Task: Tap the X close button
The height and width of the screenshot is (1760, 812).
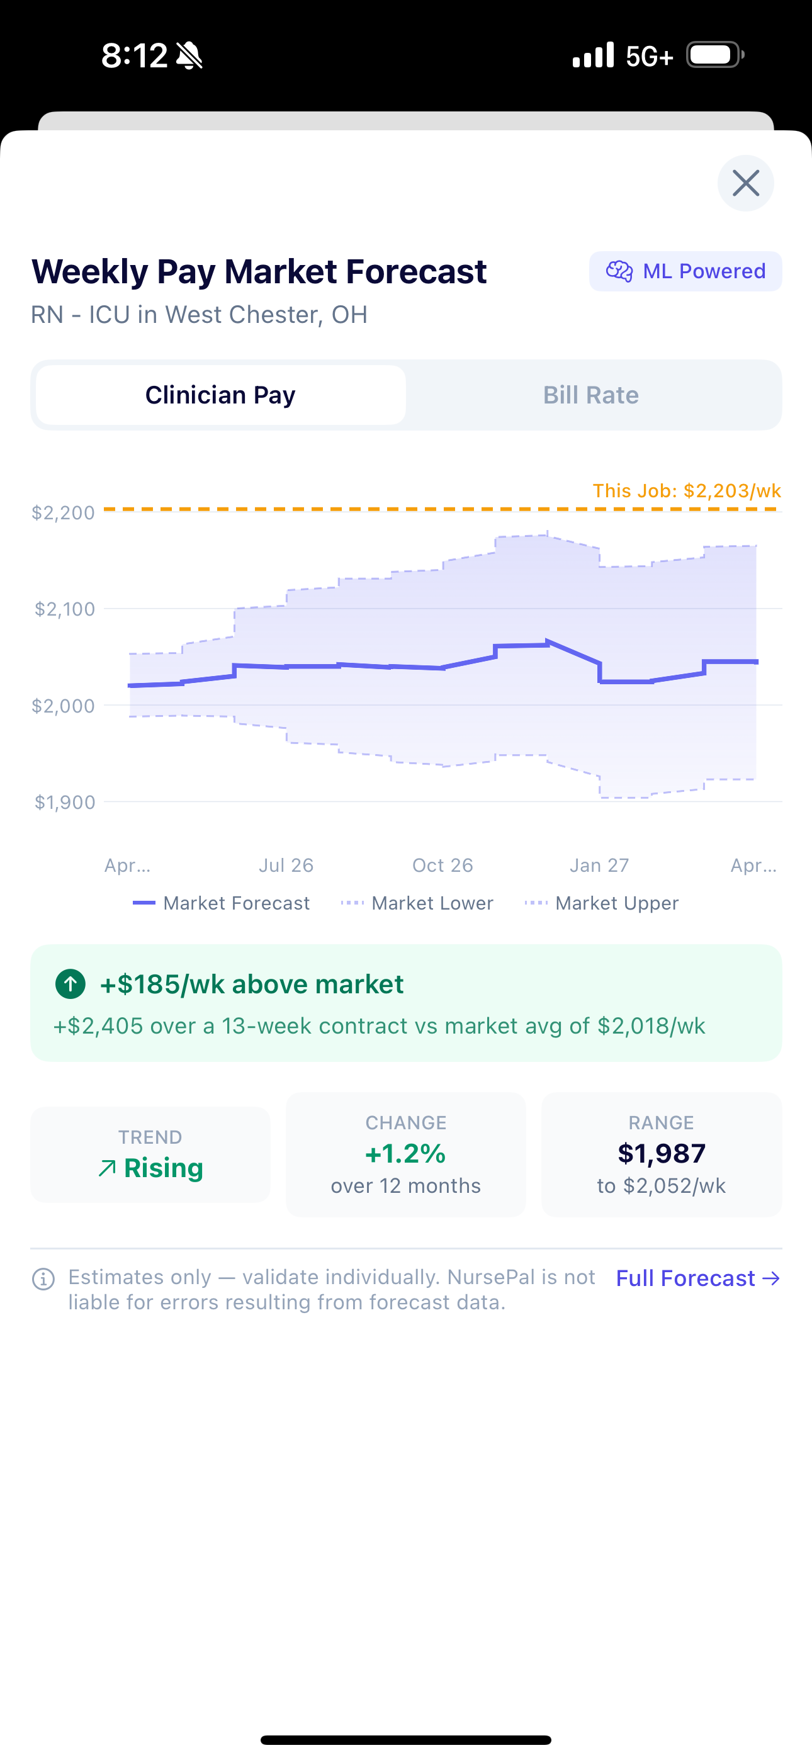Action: pyautogui.click(x=745, y=183)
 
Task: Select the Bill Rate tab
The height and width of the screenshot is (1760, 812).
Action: pyautogui.click(x=590, y=395)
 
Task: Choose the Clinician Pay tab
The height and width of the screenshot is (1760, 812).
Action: pyautogui.click(x=220, y=395)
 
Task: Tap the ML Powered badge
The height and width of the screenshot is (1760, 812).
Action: pyautogui.click(x=685, y=271)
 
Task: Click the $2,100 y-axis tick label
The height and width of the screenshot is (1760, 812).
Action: pyautogui.click(x=65, y=609)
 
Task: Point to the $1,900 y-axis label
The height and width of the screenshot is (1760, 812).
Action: pyautogui.click(x=65, y=802)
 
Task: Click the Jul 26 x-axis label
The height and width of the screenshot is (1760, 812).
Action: pyautogui.click(x=286, y=866)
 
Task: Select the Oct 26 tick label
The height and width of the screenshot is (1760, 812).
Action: pyautogui.click(x=443, y=866)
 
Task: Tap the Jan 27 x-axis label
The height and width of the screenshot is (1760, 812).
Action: pyautogui.click(x=599, y=866)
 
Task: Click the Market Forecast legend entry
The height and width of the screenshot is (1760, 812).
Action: pyautogui.click(x=222, y=903)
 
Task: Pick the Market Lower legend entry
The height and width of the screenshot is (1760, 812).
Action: pyautogui.click(x=417, y=903)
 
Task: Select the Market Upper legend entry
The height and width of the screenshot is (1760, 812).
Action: pyautogui.click(x=602, y=903)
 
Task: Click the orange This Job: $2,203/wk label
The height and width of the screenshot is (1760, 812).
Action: pyautogui.click(x=686, y=490)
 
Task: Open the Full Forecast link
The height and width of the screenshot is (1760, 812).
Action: pyautogui.click(x=697, y=1278)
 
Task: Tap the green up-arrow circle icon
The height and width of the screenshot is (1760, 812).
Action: pyautogui.click(x=70, y=984)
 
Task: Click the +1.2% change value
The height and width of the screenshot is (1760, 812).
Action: pyautogui.click(x=405, y=1153)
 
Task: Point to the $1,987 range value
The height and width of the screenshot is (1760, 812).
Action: pyautogui.click(x=661, y=1153)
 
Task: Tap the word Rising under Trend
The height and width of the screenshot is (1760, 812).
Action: pyautogui.click(x=164, y=1168)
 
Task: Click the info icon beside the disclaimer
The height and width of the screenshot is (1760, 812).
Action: pyautogui.click(x=43, y=1279)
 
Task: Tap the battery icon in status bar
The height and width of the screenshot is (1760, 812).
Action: pyautogui.click(x=714, y=55)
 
